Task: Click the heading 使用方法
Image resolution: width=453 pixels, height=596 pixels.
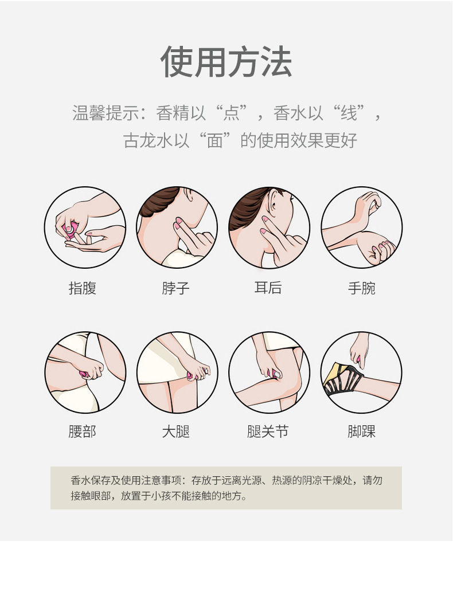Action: point(226,61)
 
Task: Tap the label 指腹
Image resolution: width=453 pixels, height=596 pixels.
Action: point(83,288)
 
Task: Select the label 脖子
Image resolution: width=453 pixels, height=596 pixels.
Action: point(175,288)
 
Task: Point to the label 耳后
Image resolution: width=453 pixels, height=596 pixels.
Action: point(268,288)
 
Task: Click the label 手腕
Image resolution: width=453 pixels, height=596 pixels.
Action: point(361,288)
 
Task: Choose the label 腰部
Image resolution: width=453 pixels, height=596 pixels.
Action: point(83,431)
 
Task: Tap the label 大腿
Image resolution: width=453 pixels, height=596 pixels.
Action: point(175,431)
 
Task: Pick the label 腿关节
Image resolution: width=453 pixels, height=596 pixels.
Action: point(268,431)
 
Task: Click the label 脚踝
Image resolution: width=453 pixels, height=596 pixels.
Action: point(361,431)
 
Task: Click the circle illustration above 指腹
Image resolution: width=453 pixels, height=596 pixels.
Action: point(85,227)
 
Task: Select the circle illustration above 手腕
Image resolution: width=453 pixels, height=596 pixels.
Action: point(361,227)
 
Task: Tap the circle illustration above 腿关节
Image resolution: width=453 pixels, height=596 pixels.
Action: point(269,372)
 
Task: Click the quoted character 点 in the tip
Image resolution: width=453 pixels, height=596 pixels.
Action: point(231,113)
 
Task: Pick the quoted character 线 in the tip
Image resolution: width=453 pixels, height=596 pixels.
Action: point(349,113)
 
